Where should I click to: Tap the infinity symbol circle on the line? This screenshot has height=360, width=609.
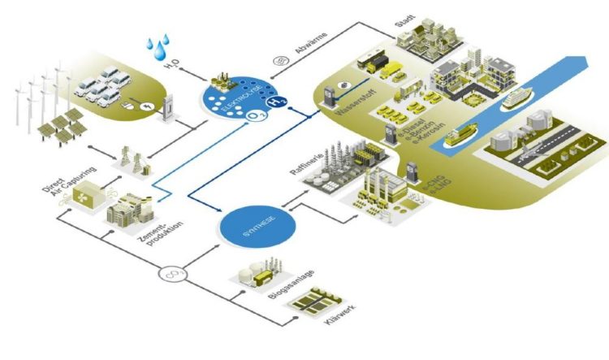[171, 272]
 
